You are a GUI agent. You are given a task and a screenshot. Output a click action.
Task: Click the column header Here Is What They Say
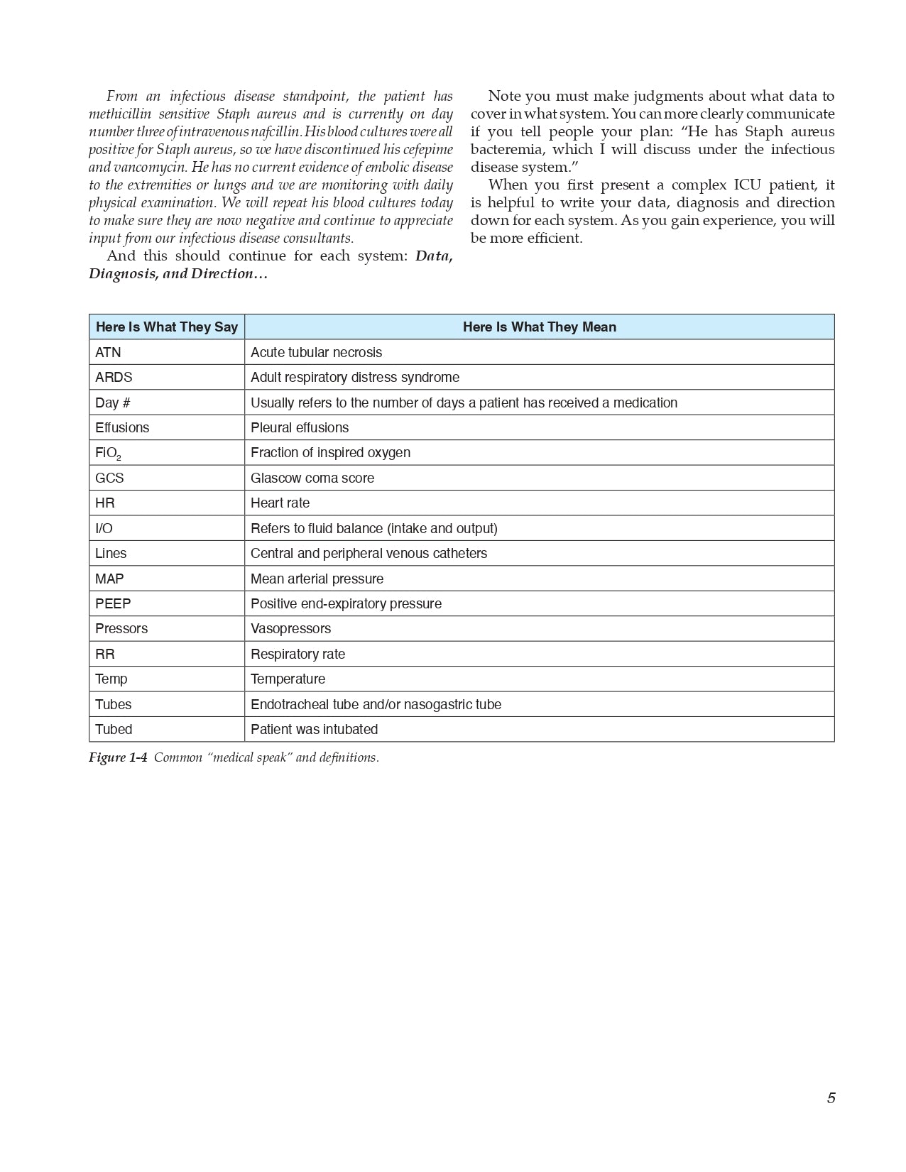[x=166, y=327]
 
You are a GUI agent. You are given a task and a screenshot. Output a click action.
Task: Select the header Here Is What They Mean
[x=539, y=327]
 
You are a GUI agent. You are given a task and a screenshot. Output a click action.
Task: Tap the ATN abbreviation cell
[x=109, y=353]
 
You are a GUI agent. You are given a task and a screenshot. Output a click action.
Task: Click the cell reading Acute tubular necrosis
[x=316, y=353]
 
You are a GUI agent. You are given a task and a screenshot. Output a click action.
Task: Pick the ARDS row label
[x=114, y=378]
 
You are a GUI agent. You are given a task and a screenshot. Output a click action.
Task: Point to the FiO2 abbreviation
[x=108, y=454]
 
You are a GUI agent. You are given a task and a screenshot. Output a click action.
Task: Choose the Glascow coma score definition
[x=312, y=478]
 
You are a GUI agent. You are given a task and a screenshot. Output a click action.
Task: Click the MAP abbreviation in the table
[x=109, y=579]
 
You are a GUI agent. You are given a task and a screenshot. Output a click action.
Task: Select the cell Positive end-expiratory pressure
[x=346, y=604]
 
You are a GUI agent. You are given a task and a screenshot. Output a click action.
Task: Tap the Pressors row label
[x=121, y=629]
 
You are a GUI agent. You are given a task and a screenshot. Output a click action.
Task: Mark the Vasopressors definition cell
[x=290, y=629]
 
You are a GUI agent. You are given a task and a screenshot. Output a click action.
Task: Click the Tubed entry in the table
[x=114, y=730]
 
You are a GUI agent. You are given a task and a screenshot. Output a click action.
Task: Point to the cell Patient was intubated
[x=314, y=730]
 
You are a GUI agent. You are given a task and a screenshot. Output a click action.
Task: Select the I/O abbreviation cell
[x=104, y=529]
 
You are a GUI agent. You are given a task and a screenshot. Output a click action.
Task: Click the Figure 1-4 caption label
[x=118, y=757]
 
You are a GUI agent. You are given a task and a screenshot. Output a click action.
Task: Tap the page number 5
[x=831, y=1098]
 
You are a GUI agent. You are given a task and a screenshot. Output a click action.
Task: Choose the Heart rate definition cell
[x=280, y=503]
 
